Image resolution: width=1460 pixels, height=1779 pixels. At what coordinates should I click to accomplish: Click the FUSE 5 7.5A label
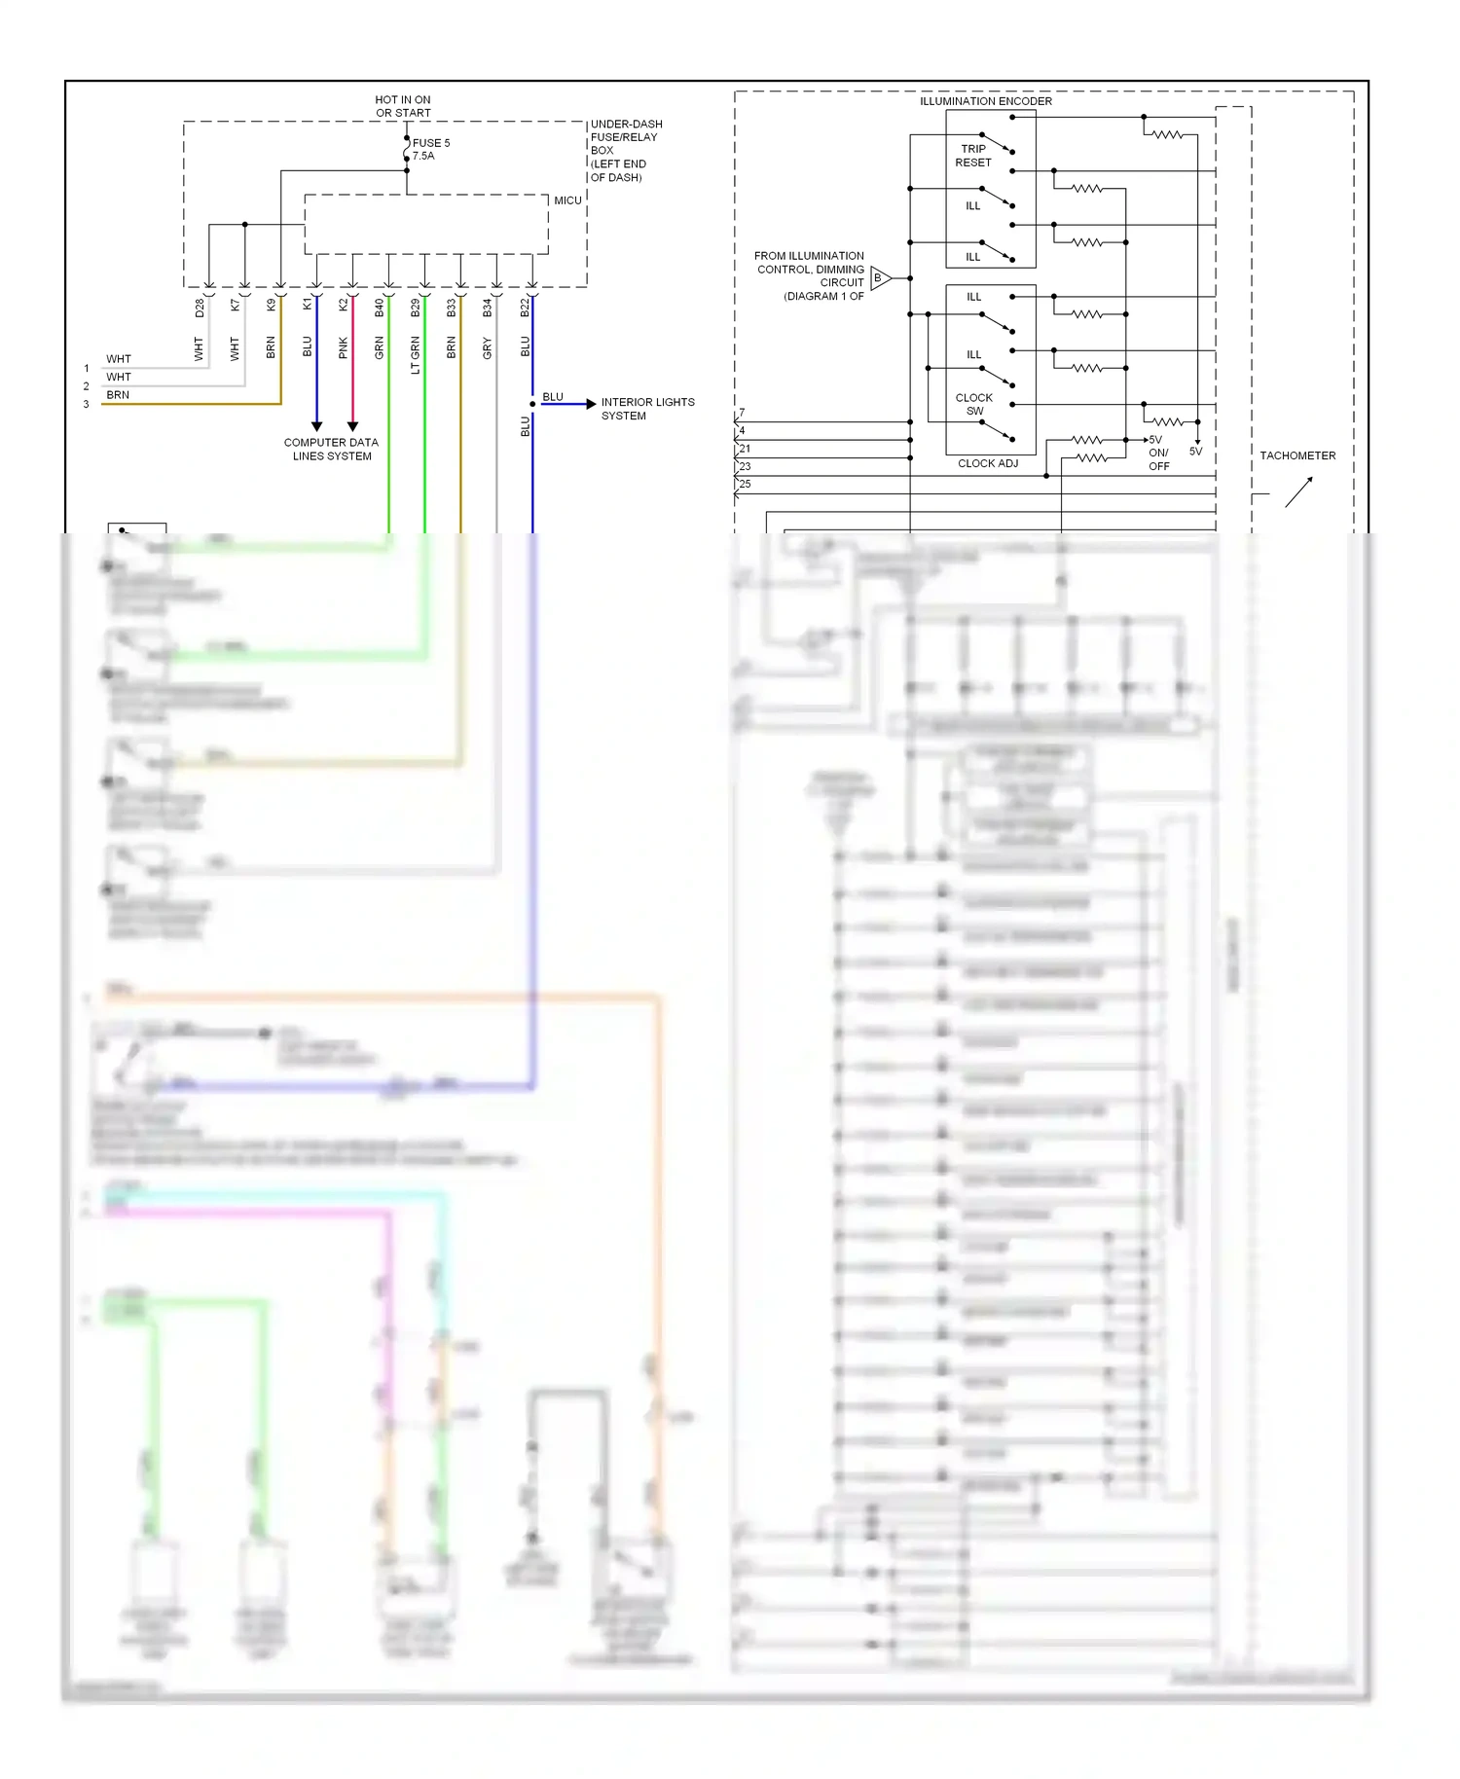(x=430, y=149)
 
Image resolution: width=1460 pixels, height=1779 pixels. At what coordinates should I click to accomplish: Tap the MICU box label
(x=567, y=200)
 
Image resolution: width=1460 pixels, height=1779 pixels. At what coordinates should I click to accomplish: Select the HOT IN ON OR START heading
(x=403, y=106)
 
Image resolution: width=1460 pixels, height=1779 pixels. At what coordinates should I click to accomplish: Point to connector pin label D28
(x=200, y=308)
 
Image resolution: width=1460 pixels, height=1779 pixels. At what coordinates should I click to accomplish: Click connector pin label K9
(x=271, y=305)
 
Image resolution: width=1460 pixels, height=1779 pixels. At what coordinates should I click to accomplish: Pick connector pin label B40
(x=379, y=308)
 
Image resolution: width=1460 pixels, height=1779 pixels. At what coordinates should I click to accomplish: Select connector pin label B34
(x=487, y=308)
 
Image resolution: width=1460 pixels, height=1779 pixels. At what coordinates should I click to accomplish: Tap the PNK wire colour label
(x=343, y=348)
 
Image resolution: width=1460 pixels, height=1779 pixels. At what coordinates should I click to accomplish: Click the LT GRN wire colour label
(x=415, y=354)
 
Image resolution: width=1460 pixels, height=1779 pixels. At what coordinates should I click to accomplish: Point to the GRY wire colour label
(x=487, y=348)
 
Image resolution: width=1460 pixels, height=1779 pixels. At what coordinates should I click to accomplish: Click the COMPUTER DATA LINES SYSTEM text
(x=331, y=449)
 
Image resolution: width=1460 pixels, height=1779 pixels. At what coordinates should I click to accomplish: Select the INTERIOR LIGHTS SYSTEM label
(x=647, y=409)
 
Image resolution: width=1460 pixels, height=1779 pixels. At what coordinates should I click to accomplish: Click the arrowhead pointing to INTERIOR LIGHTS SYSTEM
(x=591, y=404)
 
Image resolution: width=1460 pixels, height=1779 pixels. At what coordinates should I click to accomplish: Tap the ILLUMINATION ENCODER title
(x=985, y=101)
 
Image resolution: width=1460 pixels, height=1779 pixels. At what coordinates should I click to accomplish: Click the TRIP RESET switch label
(x=972, y=156)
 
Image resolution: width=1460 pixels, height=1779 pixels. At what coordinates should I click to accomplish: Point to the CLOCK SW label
(x=973, y=404)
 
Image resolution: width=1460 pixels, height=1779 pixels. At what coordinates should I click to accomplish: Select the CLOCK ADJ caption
(x=987, y=463)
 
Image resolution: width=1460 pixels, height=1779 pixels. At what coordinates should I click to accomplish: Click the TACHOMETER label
(x=1296, y=455)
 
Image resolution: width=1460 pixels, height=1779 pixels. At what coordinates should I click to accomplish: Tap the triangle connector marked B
(x=879, y=278)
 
